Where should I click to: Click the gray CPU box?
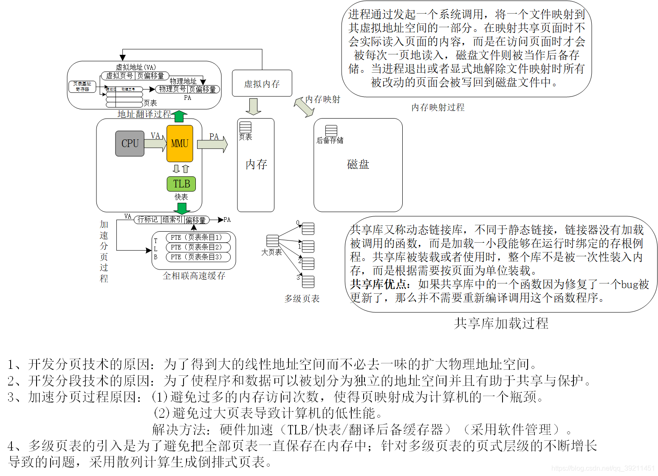tap(130, 144)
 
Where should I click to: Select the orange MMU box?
tap(180, 144)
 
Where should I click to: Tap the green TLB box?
tap(181, 184)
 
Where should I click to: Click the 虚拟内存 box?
tap(262, 83)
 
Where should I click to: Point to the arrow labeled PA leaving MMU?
tap(212, 144)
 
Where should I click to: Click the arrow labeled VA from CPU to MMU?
tap(155, 144)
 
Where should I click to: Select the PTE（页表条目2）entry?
tap(198, 247)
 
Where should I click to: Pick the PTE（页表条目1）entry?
tap(198, 238)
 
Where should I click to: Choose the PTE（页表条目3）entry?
tap(198, 257)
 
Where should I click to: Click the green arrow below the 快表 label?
tap(182, 208)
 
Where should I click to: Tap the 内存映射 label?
tap(323, 99)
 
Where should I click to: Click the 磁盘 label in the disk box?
tap(358, 164)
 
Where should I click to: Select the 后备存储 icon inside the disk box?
tap(331, 130)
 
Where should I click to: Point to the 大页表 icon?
tap(273, 241)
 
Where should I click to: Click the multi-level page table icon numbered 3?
tap(308, 281)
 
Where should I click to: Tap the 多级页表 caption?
tap(302, 299)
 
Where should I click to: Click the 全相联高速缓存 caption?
tap(194, 276)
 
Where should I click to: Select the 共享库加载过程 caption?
tap(501, 323)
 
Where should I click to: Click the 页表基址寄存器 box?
tap(82, 87)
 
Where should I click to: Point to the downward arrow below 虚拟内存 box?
tap(254, 107)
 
